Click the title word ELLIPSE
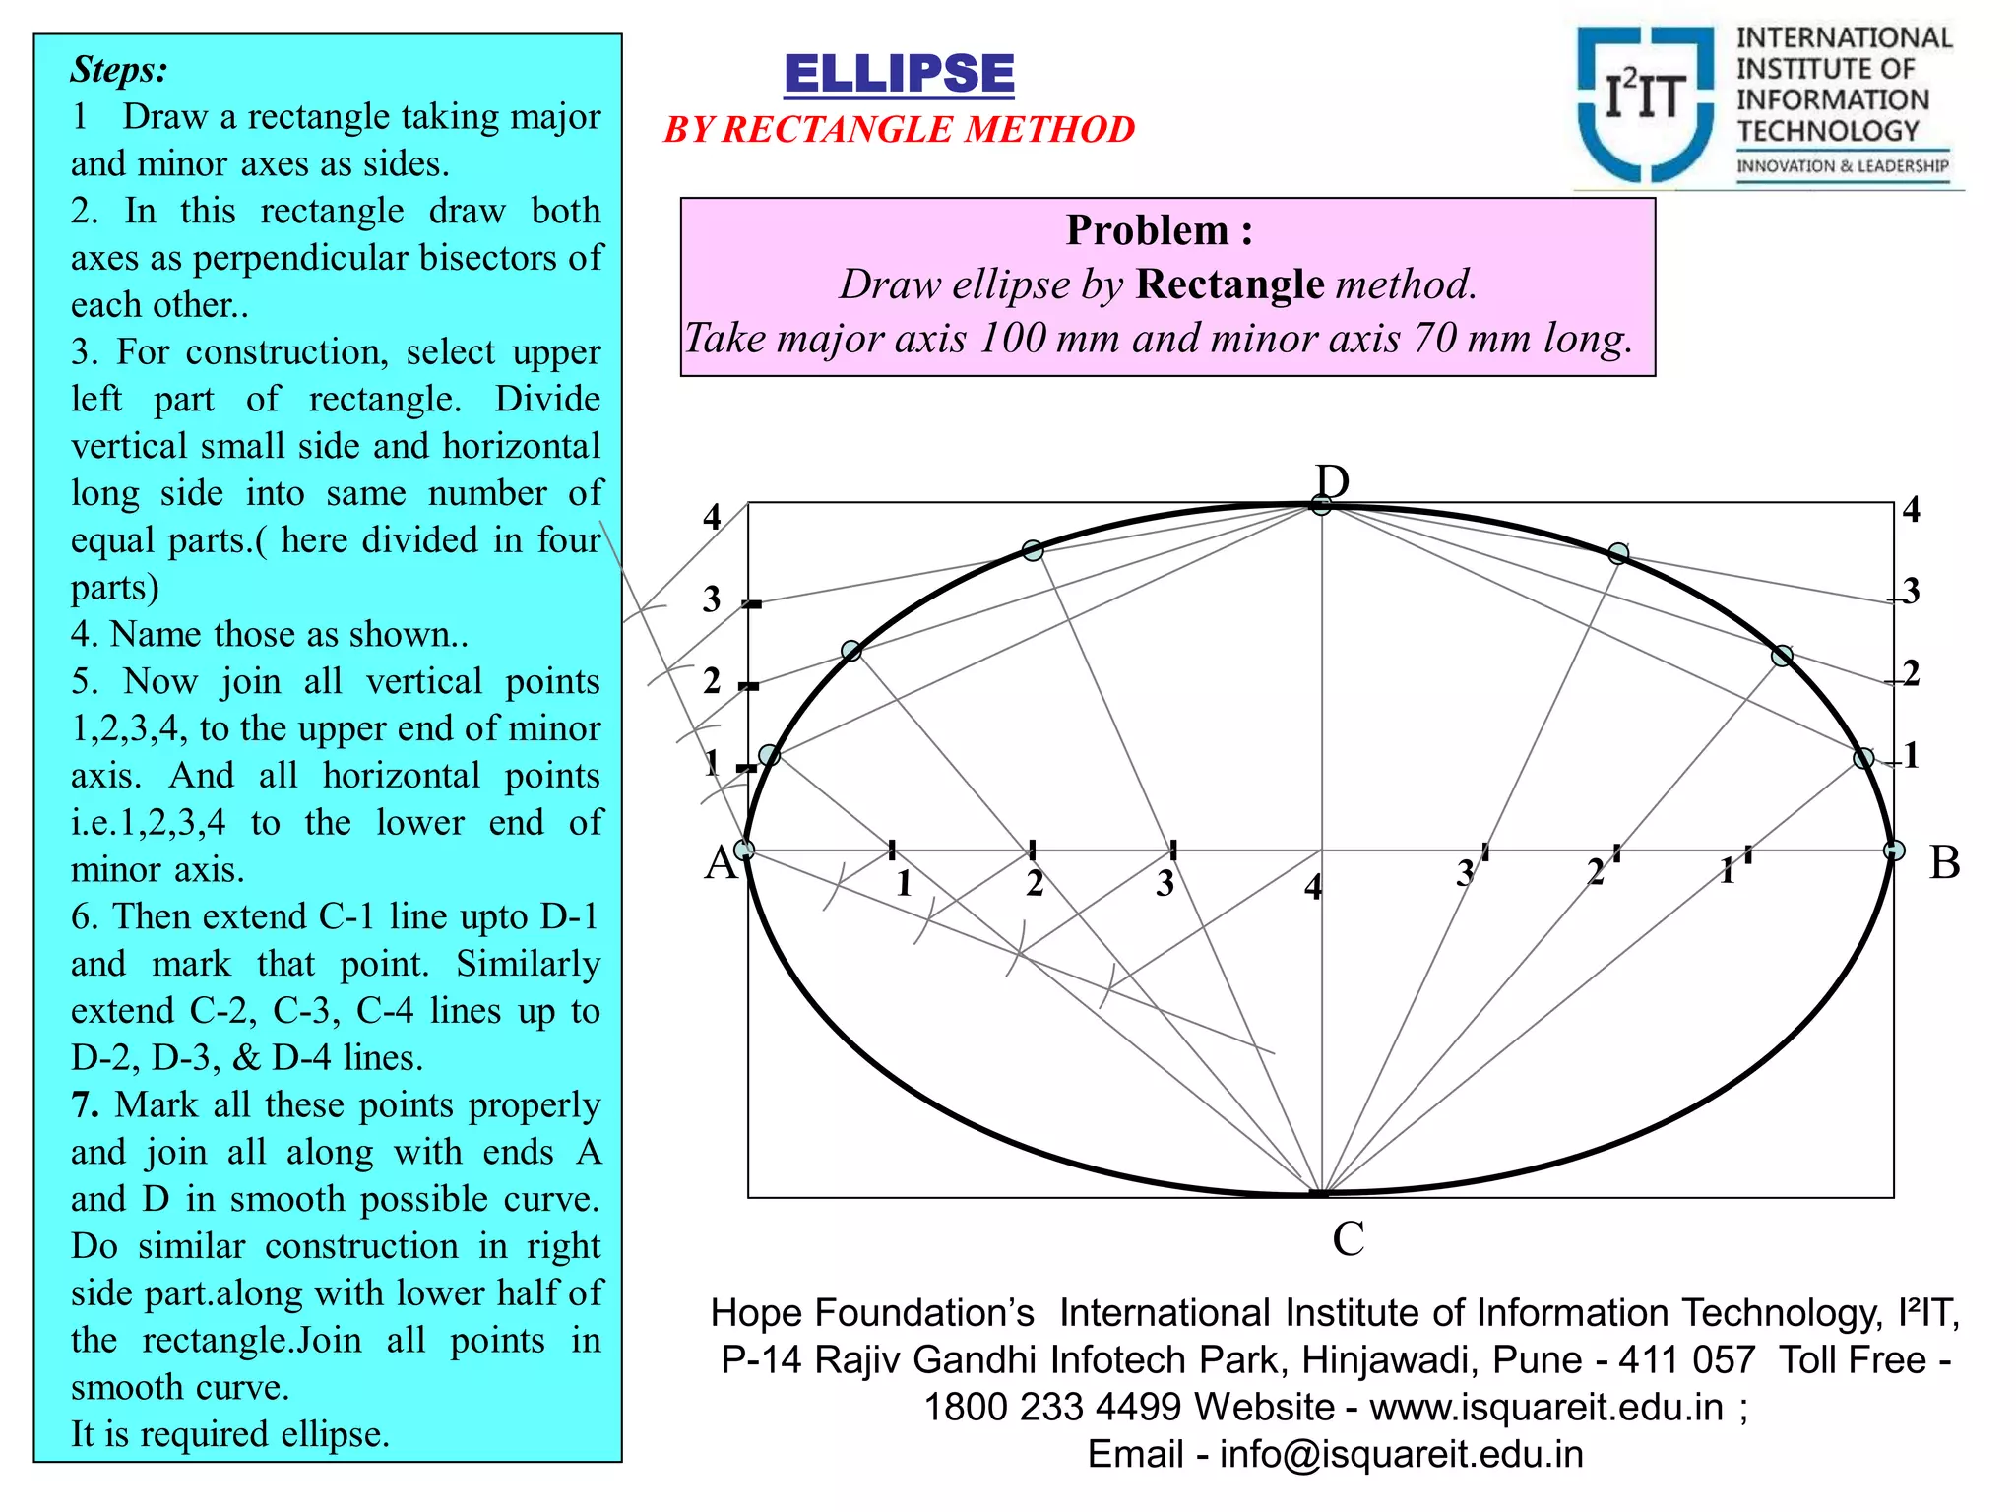(899, 75)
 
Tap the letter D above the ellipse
(1332, 482)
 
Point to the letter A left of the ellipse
(721, 863)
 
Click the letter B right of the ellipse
(1944, 863)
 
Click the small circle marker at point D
(1321, 505)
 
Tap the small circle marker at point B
(1894, 850)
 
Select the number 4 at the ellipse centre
(1313, 888)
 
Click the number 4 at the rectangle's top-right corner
(1911, 510)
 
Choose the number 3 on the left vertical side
(712, 599)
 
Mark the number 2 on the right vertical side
(1911, 673)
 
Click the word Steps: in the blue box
(119, 70)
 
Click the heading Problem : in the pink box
(1160, 230)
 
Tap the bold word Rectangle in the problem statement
(1229, 284)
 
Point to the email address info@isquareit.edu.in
(1401, 1454)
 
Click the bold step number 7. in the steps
(85, 1104)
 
